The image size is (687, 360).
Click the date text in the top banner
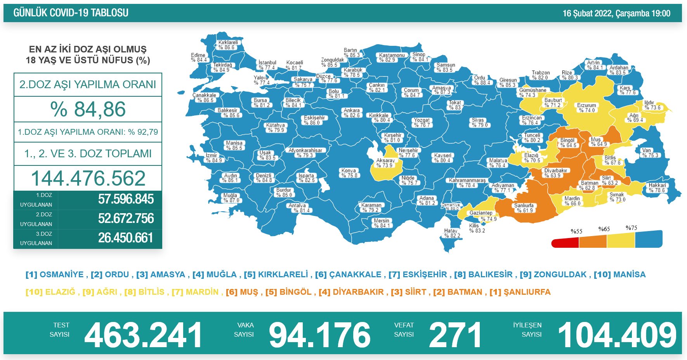(616, 14)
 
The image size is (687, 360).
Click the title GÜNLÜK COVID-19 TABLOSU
(71, 13)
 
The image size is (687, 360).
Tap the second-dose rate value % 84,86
(88, 109)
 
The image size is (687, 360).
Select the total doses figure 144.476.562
(88, 178)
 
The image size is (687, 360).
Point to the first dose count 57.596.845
(126, 199)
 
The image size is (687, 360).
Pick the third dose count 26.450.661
(126, 238)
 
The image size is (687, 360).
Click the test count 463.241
(143, 335)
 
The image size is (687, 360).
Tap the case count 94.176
(319, 335)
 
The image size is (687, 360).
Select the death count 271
(455, 335)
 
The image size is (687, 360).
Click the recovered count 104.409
(617, 335)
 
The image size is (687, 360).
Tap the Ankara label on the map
(352, 113)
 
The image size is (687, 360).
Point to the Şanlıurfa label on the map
(524, 208)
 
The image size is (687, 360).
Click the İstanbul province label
(267, 65)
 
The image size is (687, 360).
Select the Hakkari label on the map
(657, 188)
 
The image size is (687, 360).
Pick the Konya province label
(349, 173)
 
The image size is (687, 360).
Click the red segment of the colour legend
(565, 243)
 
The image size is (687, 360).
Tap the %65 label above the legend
(604, 229)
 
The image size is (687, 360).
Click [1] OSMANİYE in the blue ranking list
(55, 275)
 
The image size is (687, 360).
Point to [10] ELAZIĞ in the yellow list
(50, 292)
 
